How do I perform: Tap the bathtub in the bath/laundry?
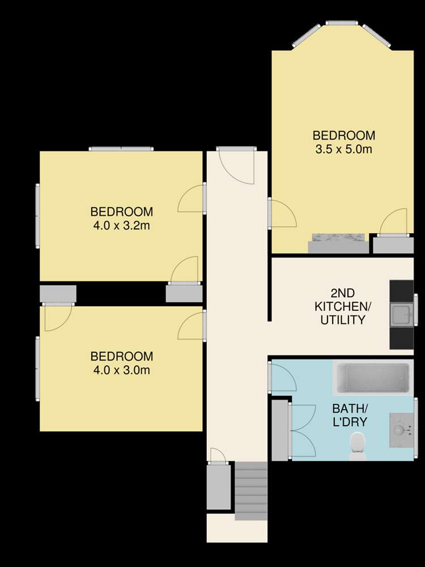pos(372,379)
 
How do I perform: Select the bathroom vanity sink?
pos(399,430)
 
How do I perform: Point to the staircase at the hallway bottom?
pos(250,490)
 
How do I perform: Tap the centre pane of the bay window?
pos(342,23)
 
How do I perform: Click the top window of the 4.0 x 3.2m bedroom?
pos(121,149)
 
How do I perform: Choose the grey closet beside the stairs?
pos(219,486)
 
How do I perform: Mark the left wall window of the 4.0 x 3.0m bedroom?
pos(38,369)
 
